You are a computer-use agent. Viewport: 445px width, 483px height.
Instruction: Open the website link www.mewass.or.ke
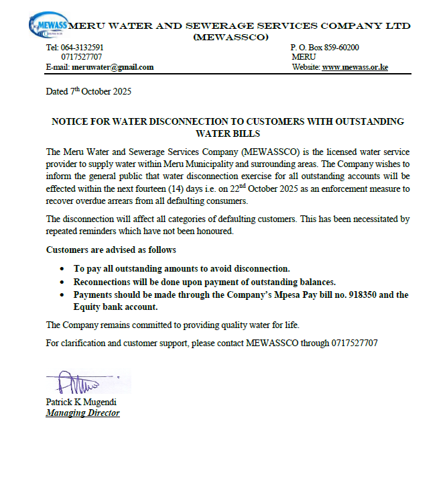[x=355, y=67]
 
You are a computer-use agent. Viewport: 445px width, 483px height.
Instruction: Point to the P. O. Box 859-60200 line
[x=324, y=48]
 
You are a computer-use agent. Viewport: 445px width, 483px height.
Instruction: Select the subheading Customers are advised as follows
[x=111, y=250]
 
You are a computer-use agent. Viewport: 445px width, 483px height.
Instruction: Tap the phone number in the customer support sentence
[x=354, y=343]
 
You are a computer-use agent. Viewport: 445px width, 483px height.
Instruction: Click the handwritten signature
[x=77, y=384]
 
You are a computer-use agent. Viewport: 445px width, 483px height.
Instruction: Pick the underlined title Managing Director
[x=82, y=413]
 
